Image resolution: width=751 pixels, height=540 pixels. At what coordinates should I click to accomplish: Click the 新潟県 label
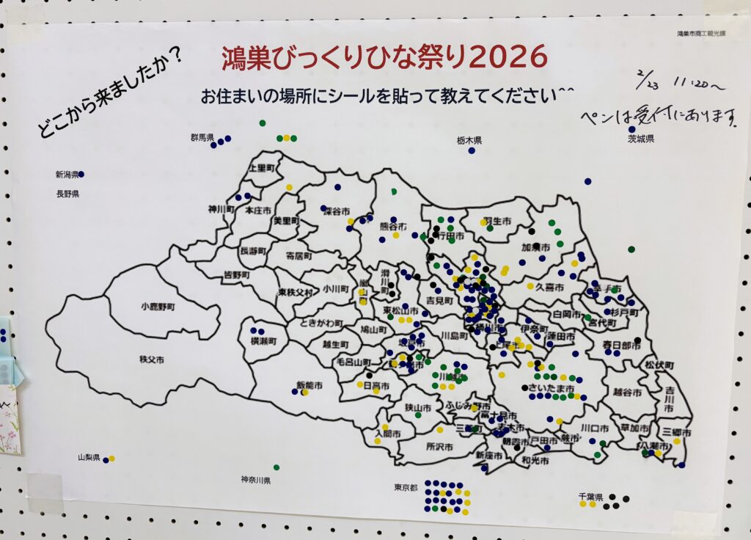pos(66,175)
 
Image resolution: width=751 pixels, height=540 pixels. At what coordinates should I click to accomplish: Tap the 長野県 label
pos(67,194)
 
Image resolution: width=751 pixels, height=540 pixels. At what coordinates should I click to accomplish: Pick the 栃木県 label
pos(469,139)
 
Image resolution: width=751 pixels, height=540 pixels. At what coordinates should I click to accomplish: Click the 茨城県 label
pos(640,139)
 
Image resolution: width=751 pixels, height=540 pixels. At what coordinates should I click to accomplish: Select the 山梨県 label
pos(89,457)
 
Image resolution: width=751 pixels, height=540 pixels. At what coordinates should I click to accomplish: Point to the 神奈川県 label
pos(256,480)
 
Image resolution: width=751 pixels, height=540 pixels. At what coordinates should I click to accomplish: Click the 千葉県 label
pos(590,497)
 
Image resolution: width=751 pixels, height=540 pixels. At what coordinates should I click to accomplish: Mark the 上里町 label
pos(263,167)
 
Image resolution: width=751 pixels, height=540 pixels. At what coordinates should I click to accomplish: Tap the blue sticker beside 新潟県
pos(81,174)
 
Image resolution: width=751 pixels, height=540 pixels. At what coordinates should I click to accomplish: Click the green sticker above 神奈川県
pos(276,467)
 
